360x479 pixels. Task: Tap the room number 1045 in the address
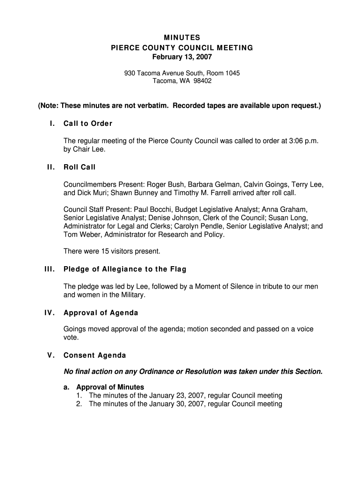click(x=233, y=73)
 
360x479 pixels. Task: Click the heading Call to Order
click(x=88, y=123)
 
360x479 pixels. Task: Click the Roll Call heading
click(x=79, y=167)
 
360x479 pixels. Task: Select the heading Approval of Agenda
click(x=101, y=312)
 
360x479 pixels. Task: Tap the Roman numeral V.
click(x=52, y=356)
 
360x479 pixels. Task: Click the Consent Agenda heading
click(x=95, y=356)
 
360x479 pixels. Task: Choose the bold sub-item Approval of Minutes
click(x=110, y=387)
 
